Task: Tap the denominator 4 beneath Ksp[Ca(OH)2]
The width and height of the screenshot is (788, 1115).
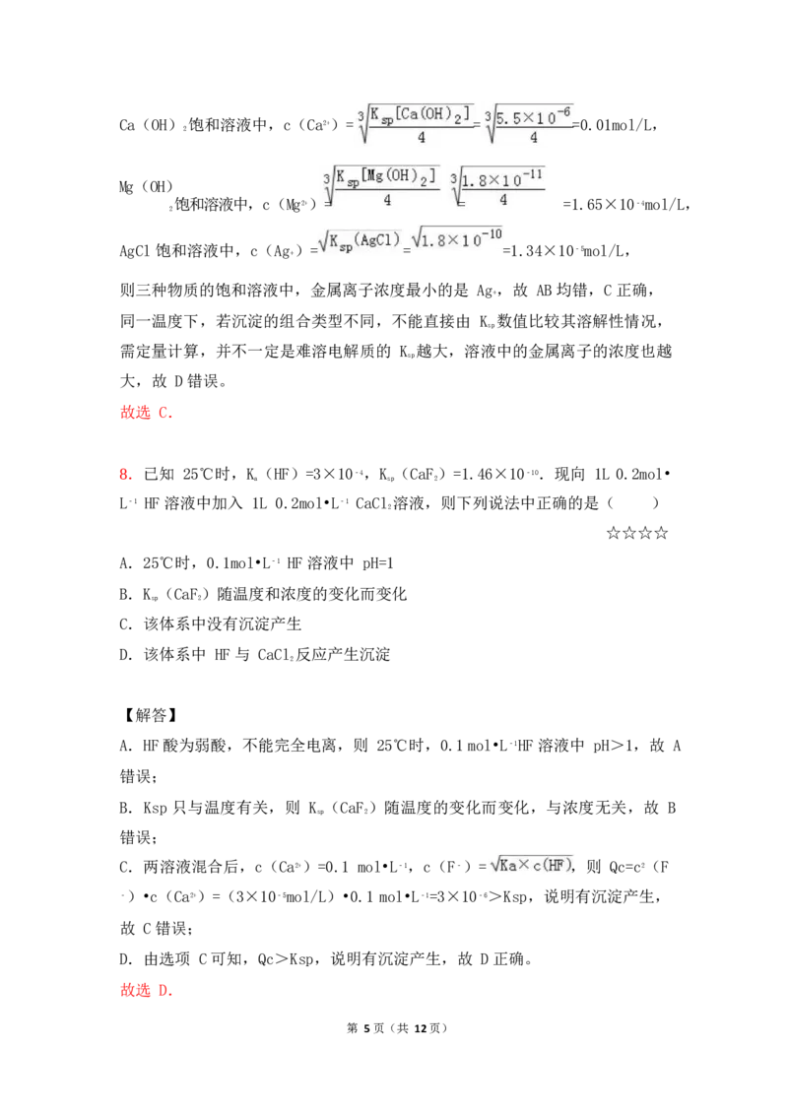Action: pos(422,138)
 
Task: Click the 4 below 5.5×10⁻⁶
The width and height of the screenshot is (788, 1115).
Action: pos(533,138)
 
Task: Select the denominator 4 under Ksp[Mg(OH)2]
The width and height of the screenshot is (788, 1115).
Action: pos(387,199)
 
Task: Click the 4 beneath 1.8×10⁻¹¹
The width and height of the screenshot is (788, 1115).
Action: pos(502,199)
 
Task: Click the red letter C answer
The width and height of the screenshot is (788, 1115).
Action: pos(165,415)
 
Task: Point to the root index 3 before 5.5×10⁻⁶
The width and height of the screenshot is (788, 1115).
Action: pos(489,115)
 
